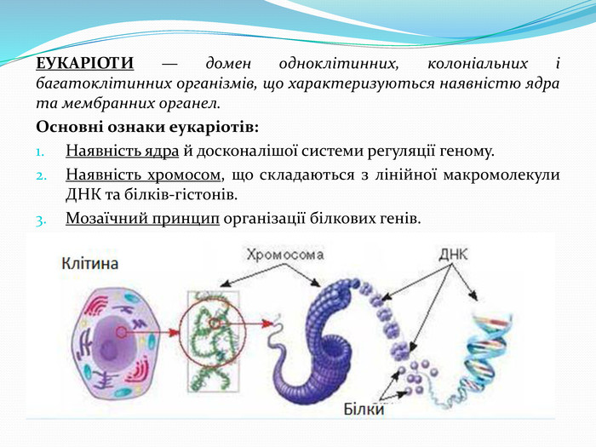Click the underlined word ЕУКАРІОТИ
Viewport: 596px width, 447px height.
[85, 63]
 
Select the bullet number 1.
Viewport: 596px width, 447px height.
[40, 152]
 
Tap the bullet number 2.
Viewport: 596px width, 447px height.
[41, 176]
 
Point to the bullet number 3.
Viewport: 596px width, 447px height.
[41, 221]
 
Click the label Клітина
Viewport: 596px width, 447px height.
[90, 263]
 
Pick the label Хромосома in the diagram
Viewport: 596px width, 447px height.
[285, 255]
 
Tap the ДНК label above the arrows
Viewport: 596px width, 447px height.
[453, 255]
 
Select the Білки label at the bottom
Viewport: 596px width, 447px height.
[364, 410]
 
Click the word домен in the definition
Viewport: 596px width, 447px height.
[228, 63]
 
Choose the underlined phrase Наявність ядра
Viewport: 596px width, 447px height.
[122, 151]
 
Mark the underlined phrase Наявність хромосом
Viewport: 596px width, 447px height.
[143, 175]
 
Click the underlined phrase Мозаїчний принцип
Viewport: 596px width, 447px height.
[142, 219]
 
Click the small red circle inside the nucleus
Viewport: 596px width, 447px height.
[121, 333]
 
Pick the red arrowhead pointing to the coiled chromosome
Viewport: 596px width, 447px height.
[267, 324]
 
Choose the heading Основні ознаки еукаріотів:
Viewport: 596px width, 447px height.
[147, 127]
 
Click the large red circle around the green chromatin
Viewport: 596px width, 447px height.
[180, 330]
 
